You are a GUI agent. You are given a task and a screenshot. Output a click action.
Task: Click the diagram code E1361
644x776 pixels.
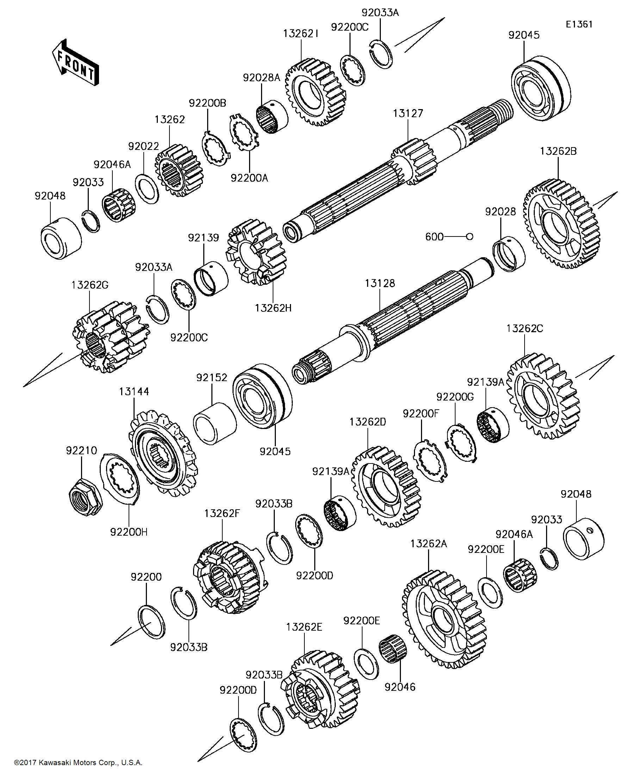click(x=579, y=24)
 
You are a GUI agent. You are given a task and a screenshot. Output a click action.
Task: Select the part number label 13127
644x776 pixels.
click(x=408, y=113)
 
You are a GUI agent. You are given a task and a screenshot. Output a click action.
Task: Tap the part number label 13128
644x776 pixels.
click(x=379, y=283)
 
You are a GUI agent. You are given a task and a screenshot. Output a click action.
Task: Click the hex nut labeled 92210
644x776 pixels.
click(x=86, y=496)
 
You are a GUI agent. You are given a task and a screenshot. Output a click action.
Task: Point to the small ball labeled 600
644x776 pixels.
click(x=469, y=236)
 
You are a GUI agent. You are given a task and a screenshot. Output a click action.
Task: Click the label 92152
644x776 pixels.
click(x=212, y=377)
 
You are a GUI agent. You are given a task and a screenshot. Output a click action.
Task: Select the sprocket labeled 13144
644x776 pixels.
click(x=163, y=453)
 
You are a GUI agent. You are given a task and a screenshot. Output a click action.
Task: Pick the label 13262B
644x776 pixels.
click(x=558, y=151)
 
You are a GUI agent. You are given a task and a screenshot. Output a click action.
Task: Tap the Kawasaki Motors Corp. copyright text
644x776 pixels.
click(x=78, y=762)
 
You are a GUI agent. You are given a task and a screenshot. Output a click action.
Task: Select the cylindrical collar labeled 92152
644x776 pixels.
click(x=215, y=423)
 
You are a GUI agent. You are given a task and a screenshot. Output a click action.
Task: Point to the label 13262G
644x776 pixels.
click(x=89, y=285)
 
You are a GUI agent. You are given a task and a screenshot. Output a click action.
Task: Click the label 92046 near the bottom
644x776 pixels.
click(x=400, y=687)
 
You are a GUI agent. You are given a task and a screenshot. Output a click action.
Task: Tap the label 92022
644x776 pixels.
click(x=143, y=146)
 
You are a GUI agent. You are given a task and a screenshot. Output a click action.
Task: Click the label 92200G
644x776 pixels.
click(x=454, y=397)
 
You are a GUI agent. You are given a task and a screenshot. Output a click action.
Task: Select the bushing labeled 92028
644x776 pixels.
click(x=509, y=255)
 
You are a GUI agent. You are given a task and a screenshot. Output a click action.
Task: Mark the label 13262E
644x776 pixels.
click(x=304, y=627)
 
